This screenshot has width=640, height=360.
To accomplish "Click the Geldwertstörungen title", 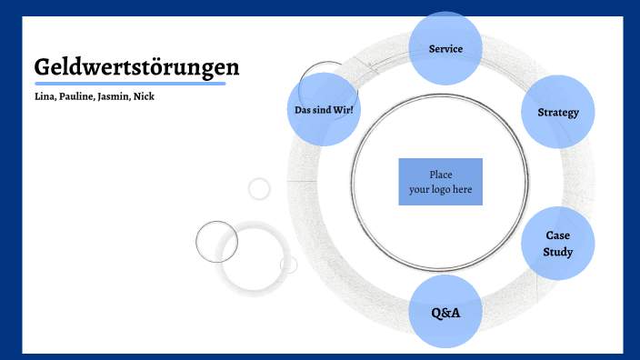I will [x=136, y=67].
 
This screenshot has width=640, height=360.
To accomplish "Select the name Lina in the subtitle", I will [x=45, y=96].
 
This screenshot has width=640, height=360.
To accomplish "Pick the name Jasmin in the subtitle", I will [x=114, y=96].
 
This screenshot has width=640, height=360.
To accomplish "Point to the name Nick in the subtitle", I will [x=144, y=96].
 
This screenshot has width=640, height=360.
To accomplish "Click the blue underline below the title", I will [x=129, y=84].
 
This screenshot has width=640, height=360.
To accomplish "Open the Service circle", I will [x=445, y=48].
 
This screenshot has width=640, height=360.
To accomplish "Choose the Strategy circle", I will [x=558, y=112].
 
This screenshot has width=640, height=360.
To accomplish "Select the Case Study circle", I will [x=558, y=244].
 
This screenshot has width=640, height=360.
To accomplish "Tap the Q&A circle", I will [x=445, y=312].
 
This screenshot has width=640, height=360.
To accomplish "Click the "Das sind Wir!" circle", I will [x=324, y=110].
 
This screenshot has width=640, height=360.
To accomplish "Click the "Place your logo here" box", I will [x=440, y=182].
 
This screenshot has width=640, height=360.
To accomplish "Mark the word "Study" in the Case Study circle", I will [x=558, y=252].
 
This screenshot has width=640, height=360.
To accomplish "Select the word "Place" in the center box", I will [x=440, y=175].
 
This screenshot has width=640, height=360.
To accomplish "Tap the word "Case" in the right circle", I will [x=558, y=235].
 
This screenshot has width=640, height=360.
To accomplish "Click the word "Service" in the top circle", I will [x=445, y=48].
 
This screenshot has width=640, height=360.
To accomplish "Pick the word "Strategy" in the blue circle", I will [x=558, y=112].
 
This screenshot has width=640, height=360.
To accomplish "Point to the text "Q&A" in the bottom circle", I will [x=445, y=313].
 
